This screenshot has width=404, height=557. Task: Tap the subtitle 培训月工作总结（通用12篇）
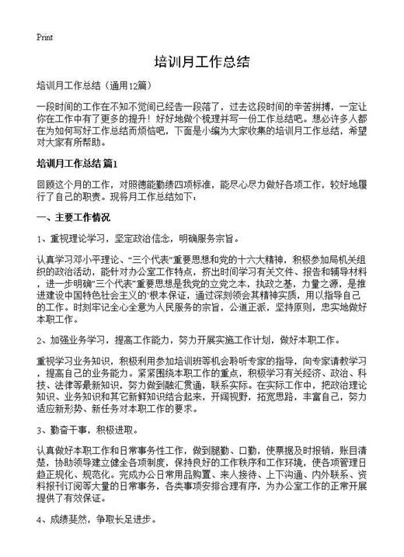click(x=93, y=83)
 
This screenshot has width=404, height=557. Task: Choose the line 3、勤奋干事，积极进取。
click(x=96, y=428)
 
